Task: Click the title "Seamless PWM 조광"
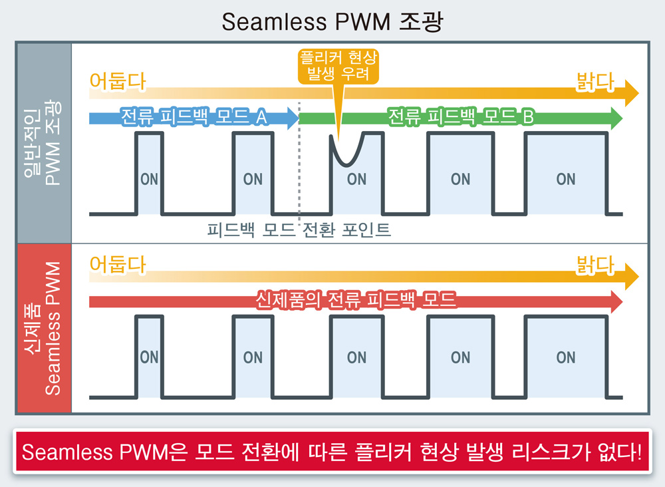point(332,21)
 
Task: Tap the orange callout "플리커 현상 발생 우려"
point(338,66)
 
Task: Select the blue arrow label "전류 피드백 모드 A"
point(194,116)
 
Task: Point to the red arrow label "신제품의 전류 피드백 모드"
point(355,300)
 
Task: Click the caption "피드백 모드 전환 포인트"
point(299,230)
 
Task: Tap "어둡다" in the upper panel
point(118,81)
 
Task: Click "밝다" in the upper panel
point(595,82)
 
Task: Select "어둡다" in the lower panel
point(118,264)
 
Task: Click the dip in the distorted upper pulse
point(347,163)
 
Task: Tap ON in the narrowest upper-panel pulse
point(149,180)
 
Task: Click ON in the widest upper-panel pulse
point(566,180)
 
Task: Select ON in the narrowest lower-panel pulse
point(149,358)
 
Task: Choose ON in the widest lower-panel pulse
point(566,358)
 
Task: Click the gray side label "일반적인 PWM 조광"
point(43,142)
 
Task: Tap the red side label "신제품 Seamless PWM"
point(43,328)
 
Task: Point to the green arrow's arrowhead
point(616,118)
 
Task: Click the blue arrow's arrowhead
point(293,118)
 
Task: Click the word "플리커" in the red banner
point(384,452)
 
